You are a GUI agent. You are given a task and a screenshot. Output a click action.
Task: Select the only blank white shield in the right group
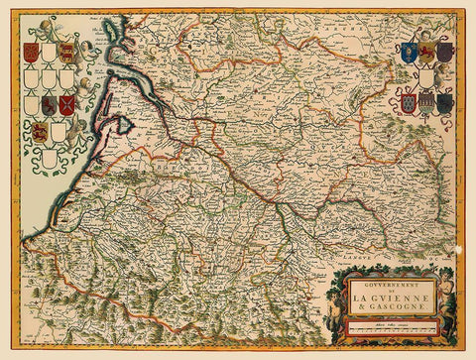(426, 76)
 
